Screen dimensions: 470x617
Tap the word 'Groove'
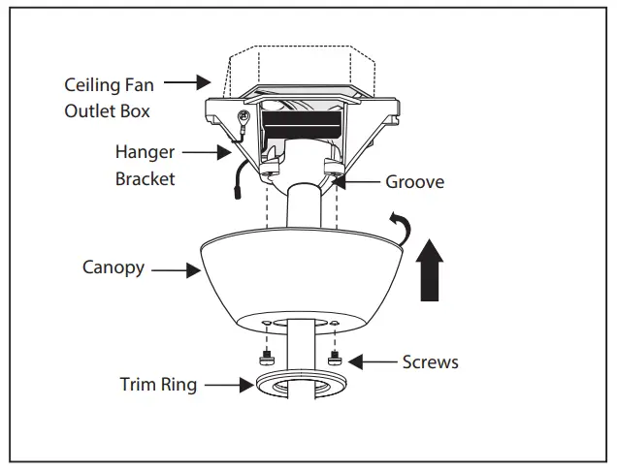[x=415, y=181]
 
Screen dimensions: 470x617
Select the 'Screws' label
[x=431, y=362]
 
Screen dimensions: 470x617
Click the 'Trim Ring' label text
[x=158, y=385]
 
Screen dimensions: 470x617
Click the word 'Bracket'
[x=146, y=179]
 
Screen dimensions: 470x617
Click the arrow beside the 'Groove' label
[x=353, y=180]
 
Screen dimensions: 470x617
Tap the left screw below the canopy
[x=266, y=360]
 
